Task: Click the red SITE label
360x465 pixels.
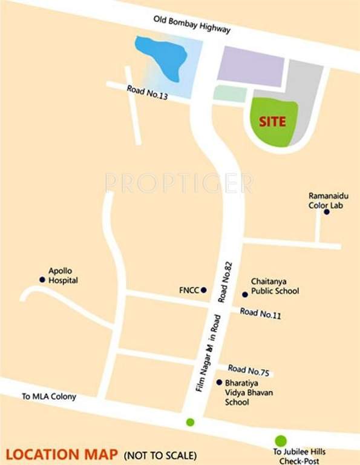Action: coord(272,121)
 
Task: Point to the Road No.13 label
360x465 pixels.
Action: coord(147,92)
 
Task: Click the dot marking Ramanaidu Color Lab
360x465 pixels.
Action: coord(327,212)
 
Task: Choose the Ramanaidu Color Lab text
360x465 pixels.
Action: coord(329,200)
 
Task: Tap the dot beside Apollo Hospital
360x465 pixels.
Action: coord(42,280)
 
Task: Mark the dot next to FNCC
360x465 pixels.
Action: coord(204,290)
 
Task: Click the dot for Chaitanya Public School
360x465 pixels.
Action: coord(245,295)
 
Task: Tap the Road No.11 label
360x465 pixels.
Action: coord(260,313)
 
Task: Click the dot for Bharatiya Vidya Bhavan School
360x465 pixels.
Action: coord(219,382)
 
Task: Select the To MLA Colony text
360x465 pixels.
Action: coord(49,397)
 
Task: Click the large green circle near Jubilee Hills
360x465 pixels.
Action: coord(281,440)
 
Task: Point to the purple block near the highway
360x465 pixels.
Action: coord(250,65)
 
